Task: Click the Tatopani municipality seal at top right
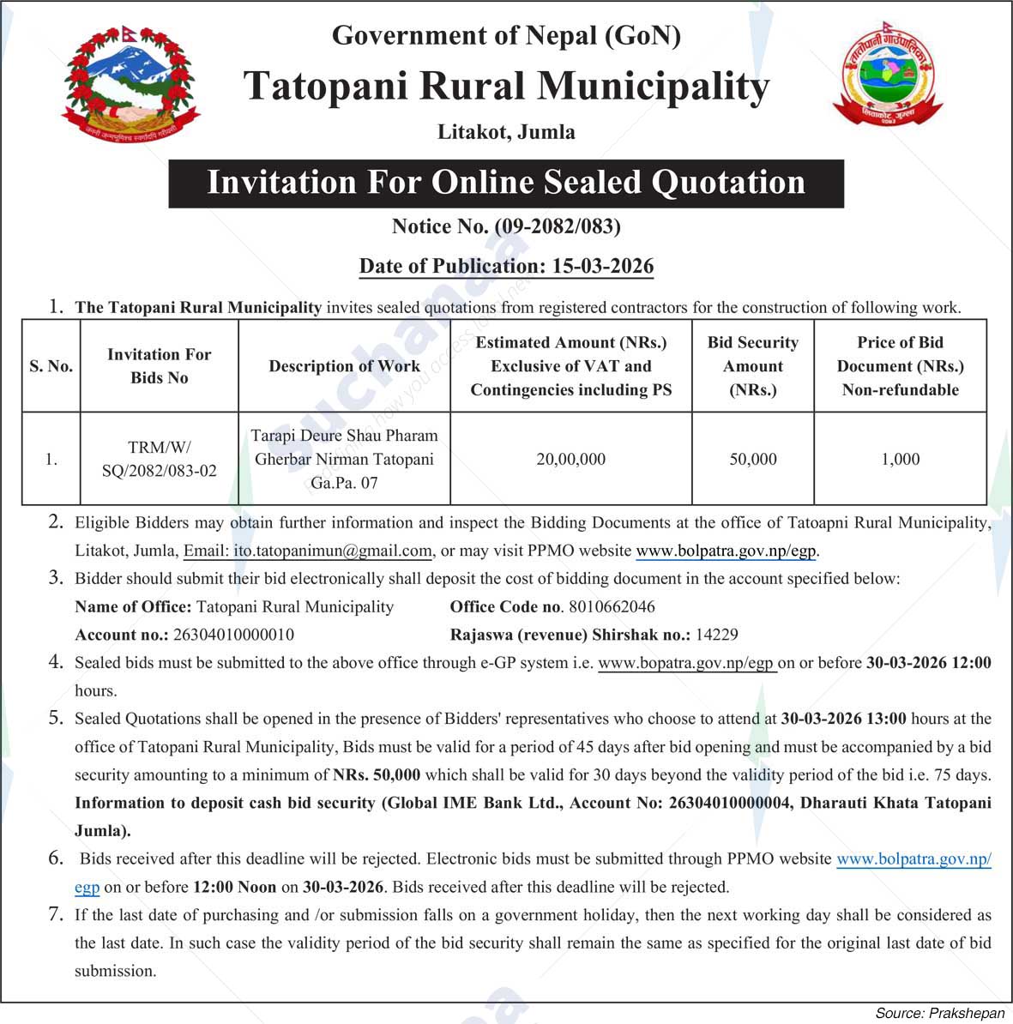(887, 76)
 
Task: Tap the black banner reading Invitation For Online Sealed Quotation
(506, 183)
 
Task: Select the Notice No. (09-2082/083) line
(506, 226)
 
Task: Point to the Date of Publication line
(506, 266)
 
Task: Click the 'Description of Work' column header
(344, 366)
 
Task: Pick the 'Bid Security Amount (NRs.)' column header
(752, 366)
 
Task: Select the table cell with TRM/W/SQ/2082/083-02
(159, 459)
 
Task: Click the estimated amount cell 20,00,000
(570, 459)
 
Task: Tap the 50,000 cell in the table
(752, 459)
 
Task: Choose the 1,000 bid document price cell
(900, 459)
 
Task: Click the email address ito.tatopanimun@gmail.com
(332, 551)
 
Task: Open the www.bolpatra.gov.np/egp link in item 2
(727, 551)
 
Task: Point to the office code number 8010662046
(612, 607)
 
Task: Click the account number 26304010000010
(233, 635)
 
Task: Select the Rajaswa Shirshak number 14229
(716, 635)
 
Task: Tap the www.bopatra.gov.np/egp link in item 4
(686, 663)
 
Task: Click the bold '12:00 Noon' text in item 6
(234, 887)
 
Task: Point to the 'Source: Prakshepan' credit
(939, 1013)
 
